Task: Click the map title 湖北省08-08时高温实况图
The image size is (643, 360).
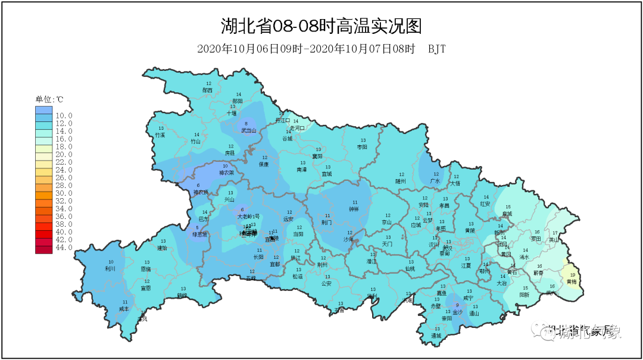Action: click(x=321, y=26)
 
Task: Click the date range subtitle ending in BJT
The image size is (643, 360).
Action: click(x=321, y=49)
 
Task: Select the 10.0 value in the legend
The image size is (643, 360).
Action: click(x=64, y=115)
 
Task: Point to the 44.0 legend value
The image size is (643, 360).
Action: click(x=64, y=247)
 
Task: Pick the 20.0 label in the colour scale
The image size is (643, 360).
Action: click(x=64, y=154)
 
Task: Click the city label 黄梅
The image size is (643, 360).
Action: click(x=572, y=281)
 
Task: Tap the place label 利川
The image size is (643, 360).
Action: click(x=110, y=268)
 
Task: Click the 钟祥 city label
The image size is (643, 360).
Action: click(x=355, y=209)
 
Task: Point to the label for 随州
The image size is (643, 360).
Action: click(x=400, y=180)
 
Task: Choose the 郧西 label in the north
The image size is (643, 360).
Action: click(x=207, y=90)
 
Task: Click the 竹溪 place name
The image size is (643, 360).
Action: click(x=160, y=135)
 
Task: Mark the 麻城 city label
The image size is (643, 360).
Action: click(x=507, y=212)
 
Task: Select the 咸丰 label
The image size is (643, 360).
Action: click(x=124, y=309)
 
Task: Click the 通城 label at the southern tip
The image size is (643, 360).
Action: click(x=436, y=336)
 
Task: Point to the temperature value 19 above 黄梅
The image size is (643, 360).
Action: click(x=572, y=275)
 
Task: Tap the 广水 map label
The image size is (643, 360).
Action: click(x=435, y=180)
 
